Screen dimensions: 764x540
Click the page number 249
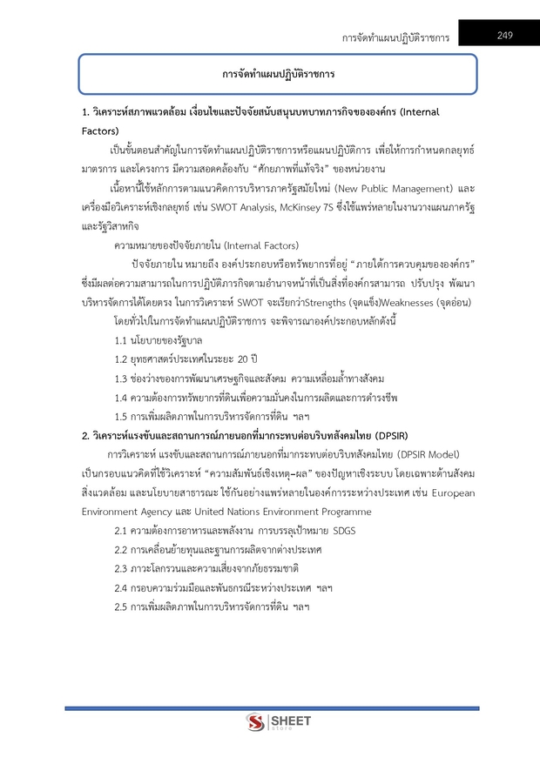(504, 35)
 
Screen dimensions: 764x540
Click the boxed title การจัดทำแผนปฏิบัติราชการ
(278, 74)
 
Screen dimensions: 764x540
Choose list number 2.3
(123, 567)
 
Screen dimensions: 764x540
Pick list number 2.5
(123, 606)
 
